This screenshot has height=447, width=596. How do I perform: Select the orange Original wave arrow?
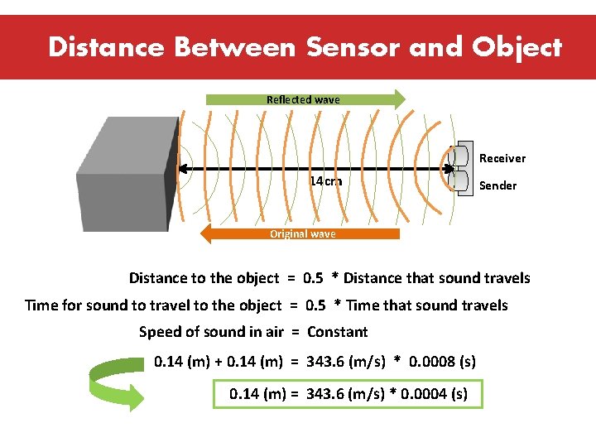[301, 234]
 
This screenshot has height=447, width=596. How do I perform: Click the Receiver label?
[502, 158]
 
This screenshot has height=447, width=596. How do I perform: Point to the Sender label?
[497, 185]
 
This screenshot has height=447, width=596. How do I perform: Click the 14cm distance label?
[325, 181]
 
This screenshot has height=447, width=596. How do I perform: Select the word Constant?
[337, 332]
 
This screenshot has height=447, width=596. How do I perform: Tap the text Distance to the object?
[204, 278]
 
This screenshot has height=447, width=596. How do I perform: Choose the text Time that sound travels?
[426, 305]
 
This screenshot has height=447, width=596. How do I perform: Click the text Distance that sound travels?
[436, 278]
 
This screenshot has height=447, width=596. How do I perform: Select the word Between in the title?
[234, 47]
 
